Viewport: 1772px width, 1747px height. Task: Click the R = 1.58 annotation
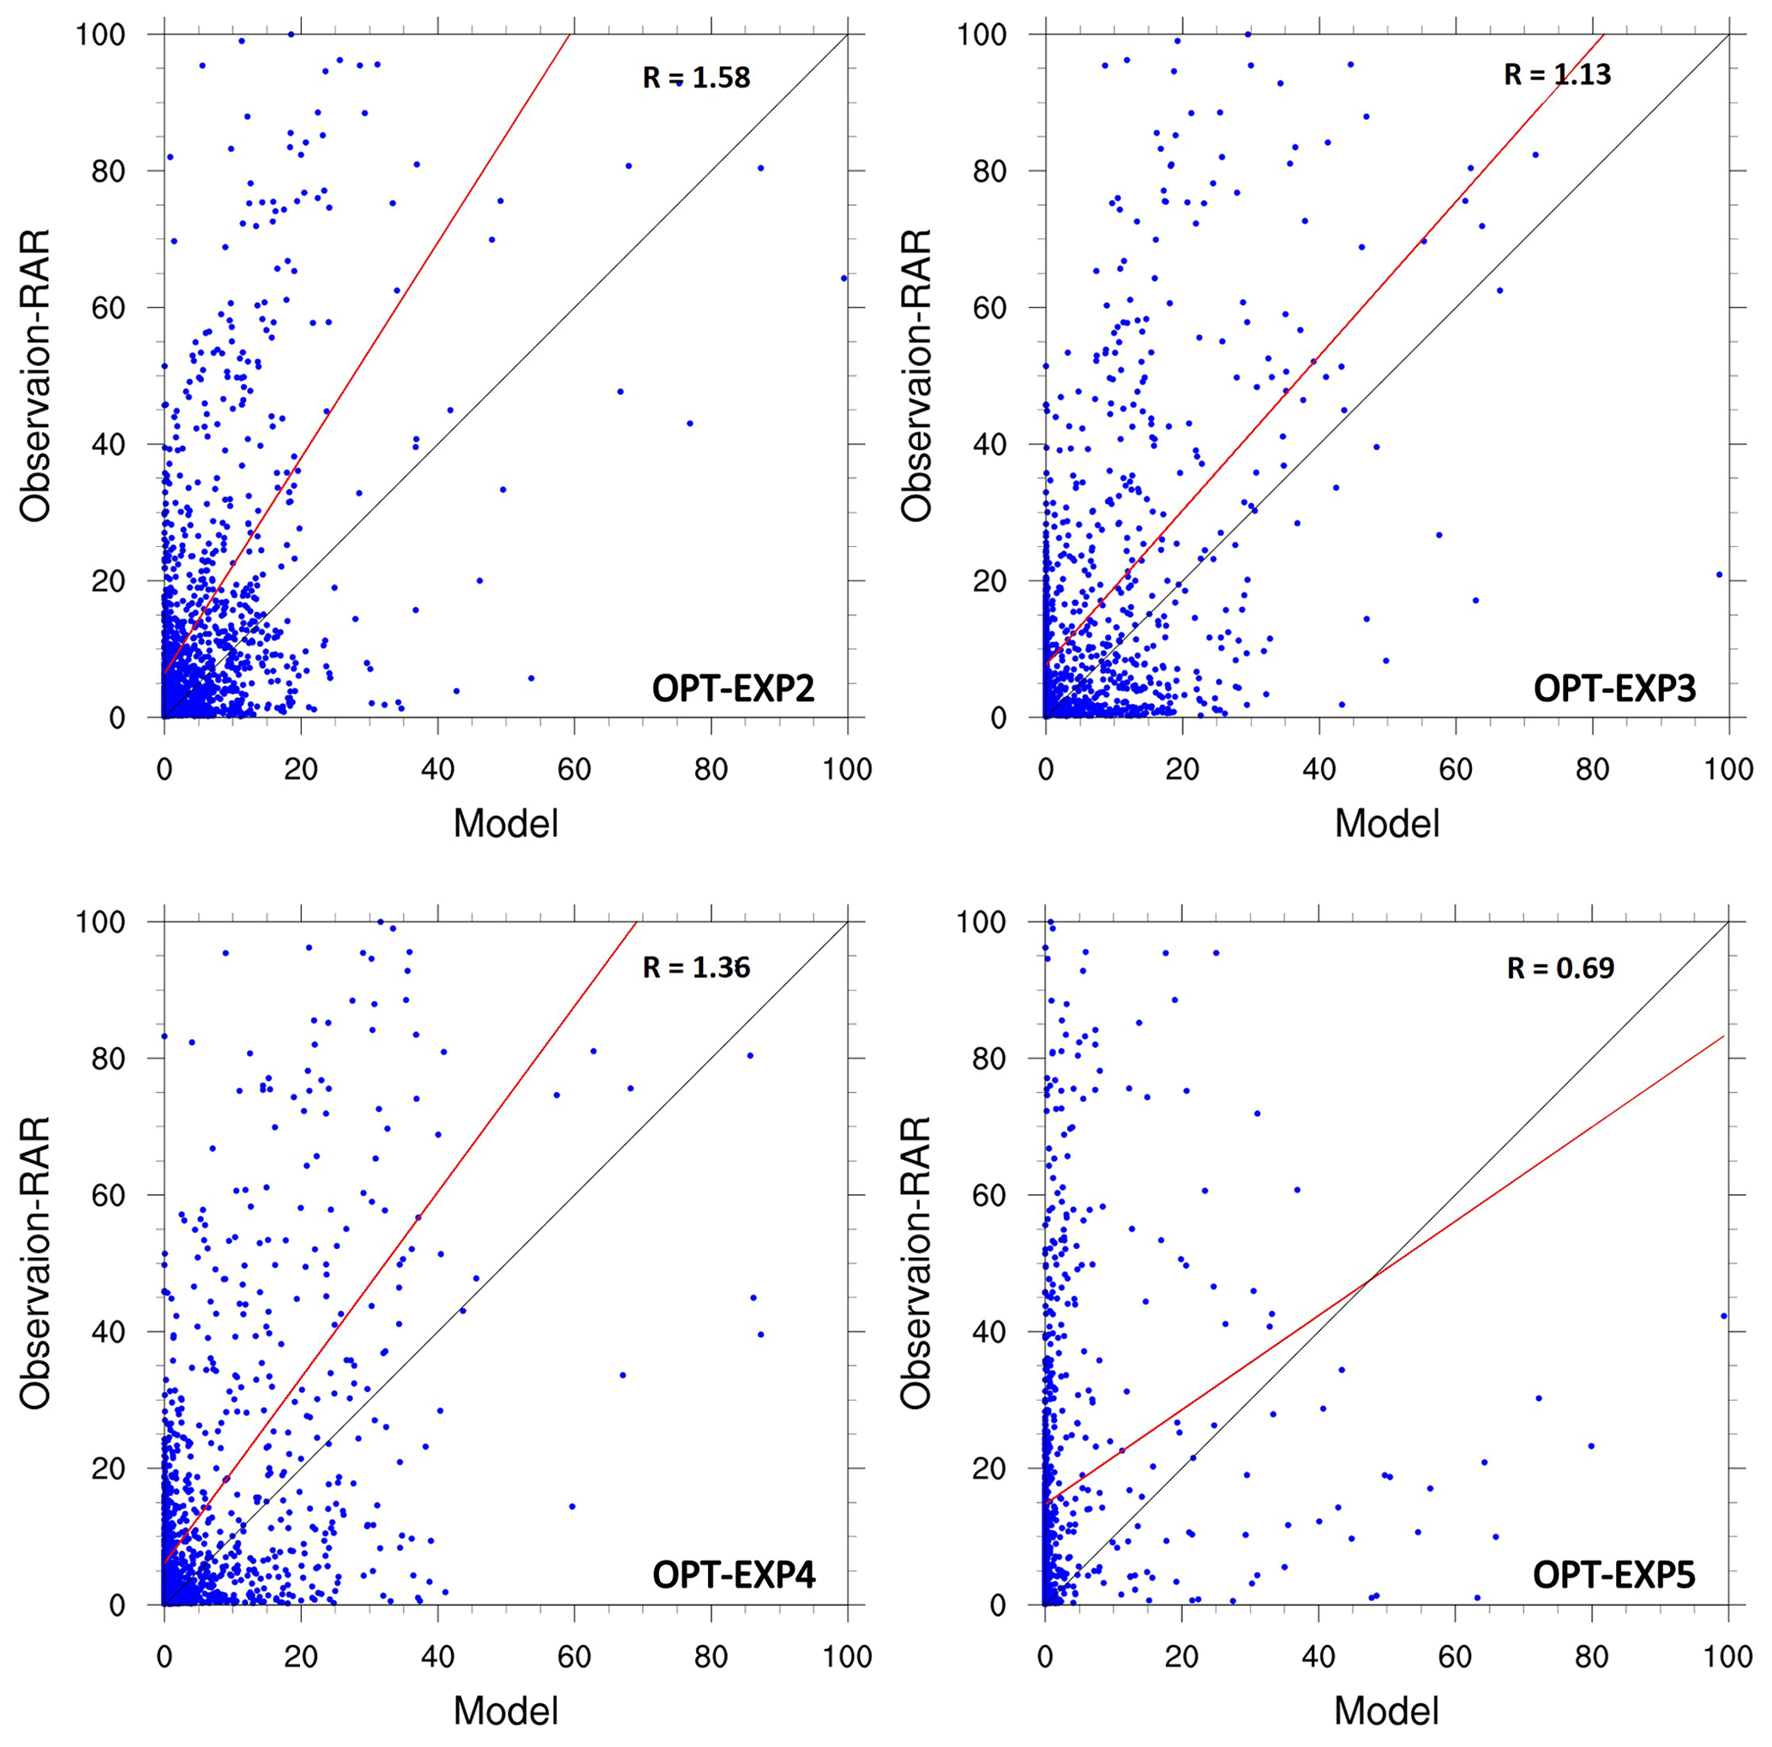(696, 78)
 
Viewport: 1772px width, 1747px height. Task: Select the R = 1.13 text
(1557, 75)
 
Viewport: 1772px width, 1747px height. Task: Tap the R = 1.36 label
(696, 967)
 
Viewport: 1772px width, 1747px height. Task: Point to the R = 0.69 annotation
(1560, 969)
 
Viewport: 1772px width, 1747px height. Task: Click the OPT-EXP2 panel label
(733, 687)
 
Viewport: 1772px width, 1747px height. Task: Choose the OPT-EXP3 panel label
(1614, 687)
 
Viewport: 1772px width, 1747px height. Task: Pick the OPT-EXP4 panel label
(733, 1575)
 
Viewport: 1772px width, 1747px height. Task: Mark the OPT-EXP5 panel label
(1614, 1575)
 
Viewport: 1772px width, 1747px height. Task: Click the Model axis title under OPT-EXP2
(506, 824)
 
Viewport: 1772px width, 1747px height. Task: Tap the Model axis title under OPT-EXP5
(1386, 1710)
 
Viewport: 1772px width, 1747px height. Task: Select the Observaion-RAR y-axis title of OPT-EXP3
(916, 375)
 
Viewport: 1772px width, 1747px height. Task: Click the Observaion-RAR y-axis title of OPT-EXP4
(35, 1263)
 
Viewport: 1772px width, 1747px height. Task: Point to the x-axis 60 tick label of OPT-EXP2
(574, 769)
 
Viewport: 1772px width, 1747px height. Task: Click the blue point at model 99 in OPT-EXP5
(1722, 1315)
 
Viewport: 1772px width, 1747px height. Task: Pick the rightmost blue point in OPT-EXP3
(1719, 575)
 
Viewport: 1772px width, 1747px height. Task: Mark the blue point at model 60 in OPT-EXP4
(573, 1506)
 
